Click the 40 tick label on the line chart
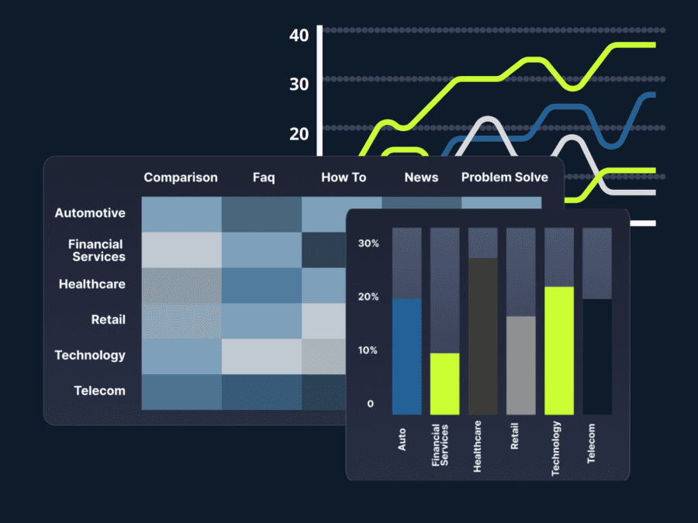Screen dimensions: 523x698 pyautogui.click(x=299, y=36)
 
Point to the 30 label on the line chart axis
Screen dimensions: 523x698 pyautogui.click(x=299, y=84)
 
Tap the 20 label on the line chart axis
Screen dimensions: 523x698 pyautogui.click(x=299, y=133)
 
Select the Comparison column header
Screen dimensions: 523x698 pyautogui.click(x=181, y=177)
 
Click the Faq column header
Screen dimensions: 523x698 pyautogui.click(x=264, y=177)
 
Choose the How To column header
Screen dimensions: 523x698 pyautogui.click(x=344, y=177)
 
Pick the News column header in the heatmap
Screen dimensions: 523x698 pyautogui.click(x=421, y=177)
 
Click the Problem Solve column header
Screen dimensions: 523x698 pyautogui.click(x=504, y=177)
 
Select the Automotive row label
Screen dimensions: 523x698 pyautogui.click(x=90, y=213)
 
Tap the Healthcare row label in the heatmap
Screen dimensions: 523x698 pyautogui.click(x=92, y=284)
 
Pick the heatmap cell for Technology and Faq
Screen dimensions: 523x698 pyautogui.click(x=261, y=356)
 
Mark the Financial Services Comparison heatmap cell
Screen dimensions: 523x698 pyautogui.click(x=181, y=249)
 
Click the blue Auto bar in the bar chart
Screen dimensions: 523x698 pyautogui.click(x=407, y=356)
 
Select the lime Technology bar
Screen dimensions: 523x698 pyautogui.click(x=559, y=350)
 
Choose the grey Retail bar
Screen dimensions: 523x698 pyautogui.click(x=520, y=365)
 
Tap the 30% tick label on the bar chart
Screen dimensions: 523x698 pyautogui.click(x=368, y=243)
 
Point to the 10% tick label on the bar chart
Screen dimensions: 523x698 pyautogui.click(x=368, y=350)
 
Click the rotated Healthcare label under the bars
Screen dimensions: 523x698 pyautogui.click(x=477, y=446)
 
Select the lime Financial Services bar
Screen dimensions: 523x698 pyautogui.click(x=445, y=384)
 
